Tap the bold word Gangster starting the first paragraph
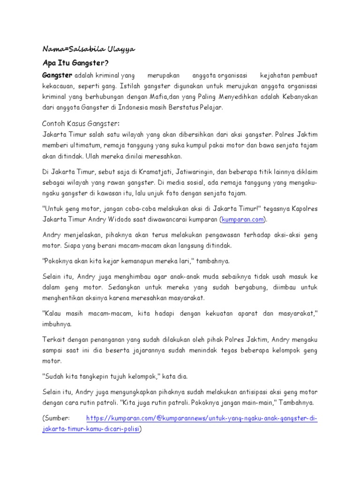point(57,75)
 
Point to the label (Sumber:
point(56,418)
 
